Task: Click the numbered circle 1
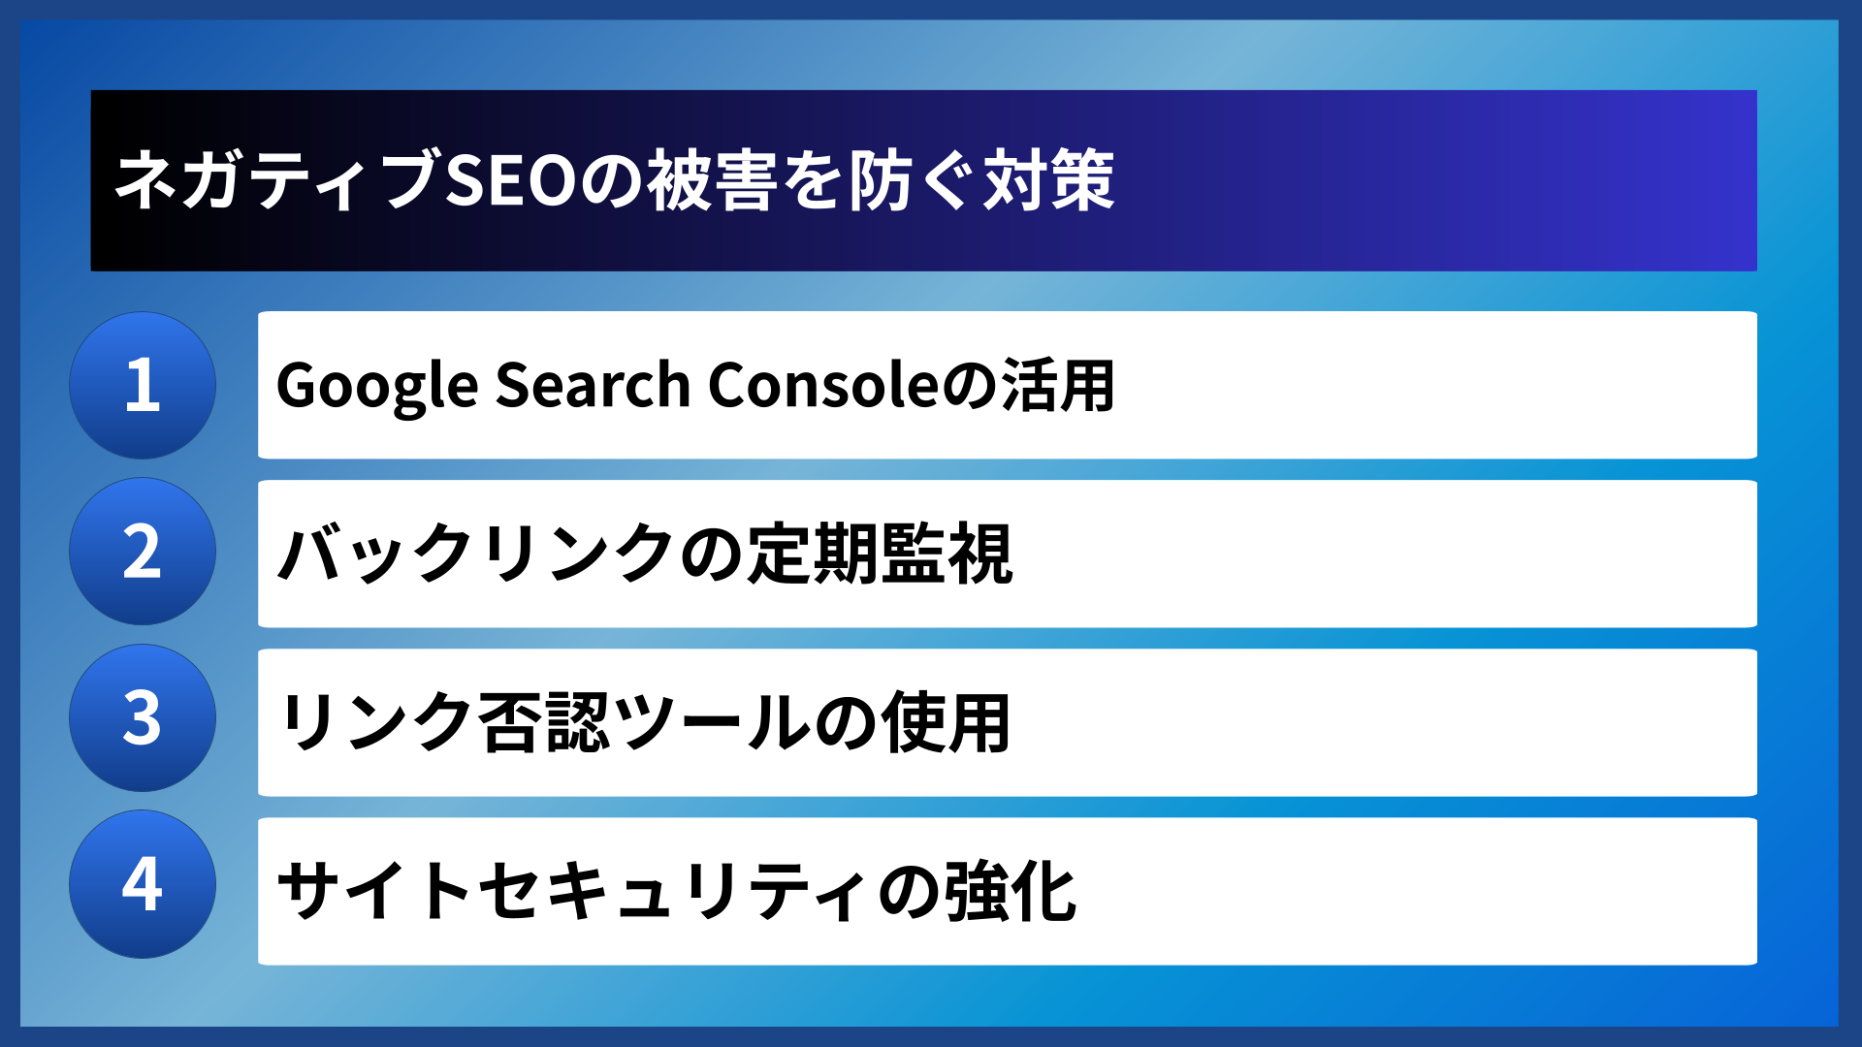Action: click(143, 385)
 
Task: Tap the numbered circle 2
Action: click(143, 552)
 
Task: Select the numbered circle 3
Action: click(143, 718)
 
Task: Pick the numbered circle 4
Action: click(143, 884)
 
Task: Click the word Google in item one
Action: click(377, 386)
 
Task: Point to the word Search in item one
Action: click(593, 385)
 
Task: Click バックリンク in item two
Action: click(475, 554)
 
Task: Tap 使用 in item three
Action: click(946, 722)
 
